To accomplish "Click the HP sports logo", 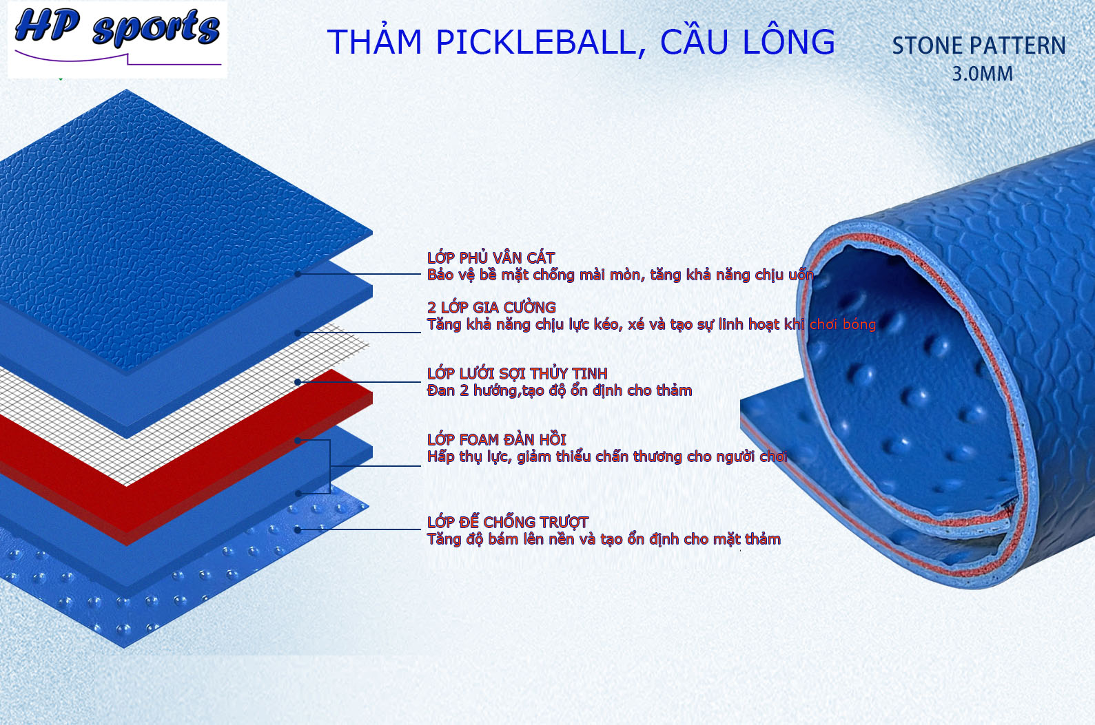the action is (117, 39).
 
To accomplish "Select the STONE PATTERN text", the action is (979, 46).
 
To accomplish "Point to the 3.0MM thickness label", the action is (983, 74).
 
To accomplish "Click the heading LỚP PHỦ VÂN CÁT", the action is (491, 258).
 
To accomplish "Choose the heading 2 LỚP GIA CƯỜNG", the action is (491, 307).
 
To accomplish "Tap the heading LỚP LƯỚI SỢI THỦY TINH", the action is (518, 373).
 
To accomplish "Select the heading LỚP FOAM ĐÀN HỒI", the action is (497, 439).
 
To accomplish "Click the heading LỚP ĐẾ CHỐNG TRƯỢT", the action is (508, 522).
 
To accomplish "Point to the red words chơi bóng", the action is (843, 324).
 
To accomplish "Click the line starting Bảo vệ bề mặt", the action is (620, 275).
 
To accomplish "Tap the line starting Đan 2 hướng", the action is (560, 391).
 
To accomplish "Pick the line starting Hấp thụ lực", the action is (607, 456).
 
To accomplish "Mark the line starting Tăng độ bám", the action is (604, 539).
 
